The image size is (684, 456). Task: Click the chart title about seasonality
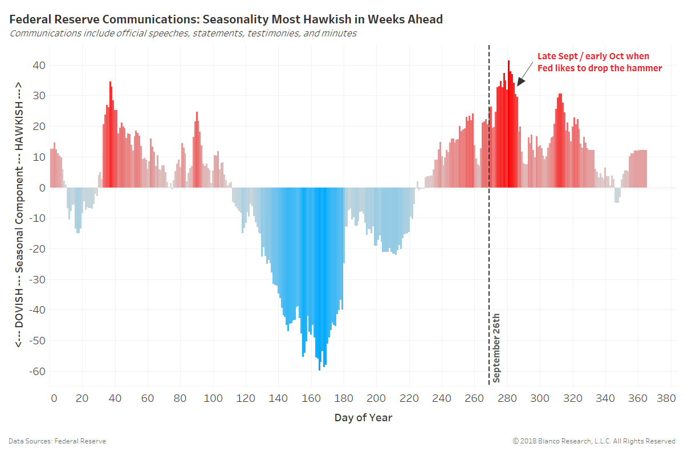(x=226, y=19)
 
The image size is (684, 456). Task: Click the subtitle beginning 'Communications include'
(x=183, y=34)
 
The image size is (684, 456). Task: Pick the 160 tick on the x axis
(x=311, y=398)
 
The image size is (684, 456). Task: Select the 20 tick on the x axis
(x=83, y=398)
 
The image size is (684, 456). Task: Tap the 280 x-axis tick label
(x=506, y=398)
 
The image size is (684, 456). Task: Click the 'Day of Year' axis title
(x=363, y=418)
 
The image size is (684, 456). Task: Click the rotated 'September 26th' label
(x=496, y=348)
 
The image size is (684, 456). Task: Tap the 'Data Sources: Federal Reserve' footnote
(x=57, y=441)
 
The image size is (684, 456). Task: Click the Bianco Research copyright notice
(x=594, y=441)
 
